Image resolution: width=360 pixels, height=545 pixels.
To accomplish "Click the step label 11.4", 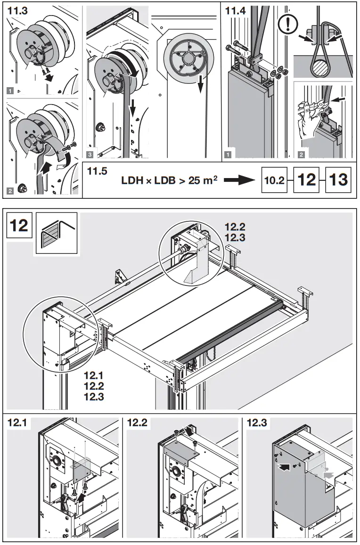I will tap(236, 12).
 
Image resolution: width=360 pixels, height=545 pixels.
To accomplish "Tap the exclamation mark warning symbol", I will tap(287, 24).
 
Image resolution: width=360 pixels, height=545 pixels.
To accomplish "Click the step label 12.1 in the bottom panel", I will tap(18, 423).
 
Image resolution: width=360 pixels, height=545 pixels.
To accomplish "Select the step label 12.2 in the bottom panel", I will tap(138, 423).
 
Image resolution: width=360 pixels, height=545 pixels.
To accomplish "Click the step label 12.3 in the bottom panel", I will tap(257, 423).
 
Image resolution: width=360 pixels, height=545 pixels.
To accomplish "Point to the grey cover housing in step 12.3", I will tap(297, 485).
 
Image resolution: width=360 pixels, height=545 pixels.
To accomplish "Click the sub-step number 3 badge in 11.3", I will tap(90, 154).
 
